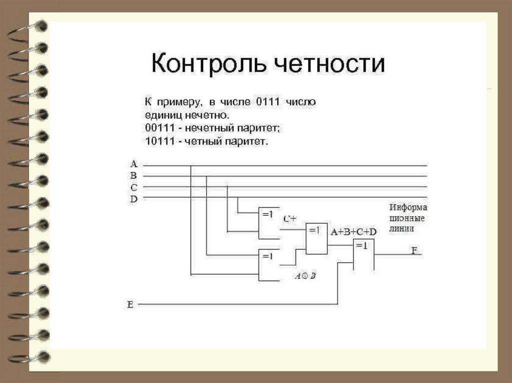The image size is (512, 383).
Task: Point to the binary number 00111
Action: tap(157, 128)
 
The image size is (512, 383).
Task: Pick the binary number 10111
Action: tap(157, 141)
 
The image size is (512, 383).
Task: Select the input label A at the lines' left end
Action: tap(133, 164)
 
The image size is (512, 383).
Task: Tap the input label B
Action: tap(133, 175)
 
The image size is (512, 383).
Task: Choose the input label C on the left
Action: tap(133, 187)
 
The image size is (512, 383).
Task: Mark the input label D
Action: tap(133, 199)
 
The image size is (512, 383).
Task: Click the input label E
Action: tap(130, 304)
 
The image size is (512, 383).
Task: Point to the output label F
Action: tap(414, 250)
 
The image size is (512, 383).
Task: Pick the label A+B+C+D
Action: tap(352, 232)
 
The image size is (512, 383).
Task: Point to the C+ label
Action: tap(290, 219)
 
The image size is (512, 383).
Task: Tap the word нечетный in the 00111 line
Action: tap(202, 128)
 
